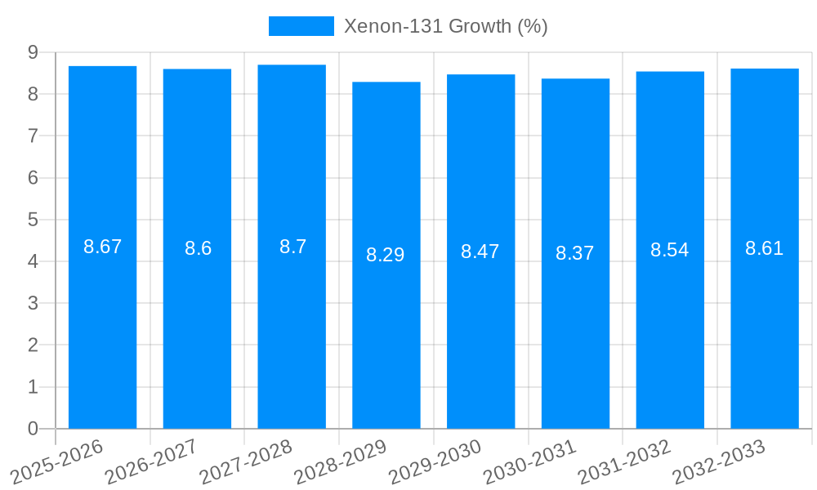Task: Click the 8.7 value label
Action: click(292, 247)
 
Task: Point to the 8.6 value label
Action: click(198, 248)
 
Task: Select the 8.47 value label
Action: click(480, 252)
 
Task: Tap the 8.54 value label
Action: click(669, 250)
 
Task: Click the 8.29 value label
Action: click(386, 255)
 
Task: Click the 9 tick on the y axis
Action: click(33, 52)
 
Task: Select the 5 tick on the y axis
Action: click(33, 220)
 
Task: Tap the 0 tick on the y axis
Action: click(33, 429)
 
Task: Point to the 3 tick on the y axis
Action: click(33, 303)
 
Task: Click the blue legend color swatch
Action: click(301, 26)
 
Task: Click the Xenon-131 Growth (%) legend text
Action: click(445, 26)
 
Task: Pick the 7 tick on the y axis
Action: click(33, 136)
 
